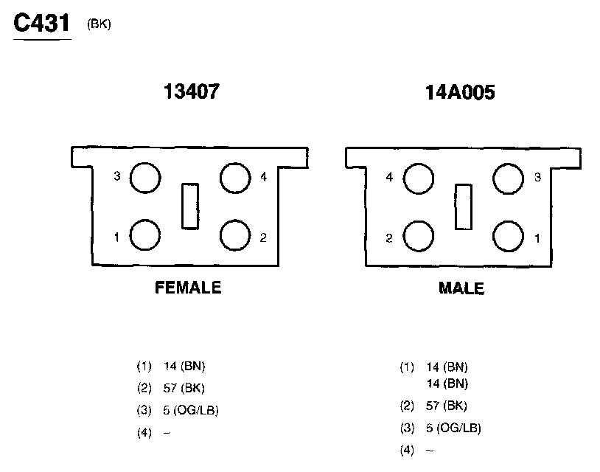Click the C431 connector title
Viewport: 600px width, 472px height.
(x=42, y=23)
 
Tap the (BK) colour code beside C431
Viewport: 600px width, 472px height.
(x=99, y=24)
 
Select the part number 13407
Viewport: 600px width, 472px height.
(x=192, y=91)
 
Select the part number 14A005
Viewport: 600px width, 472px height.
(x=460, y=92)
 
